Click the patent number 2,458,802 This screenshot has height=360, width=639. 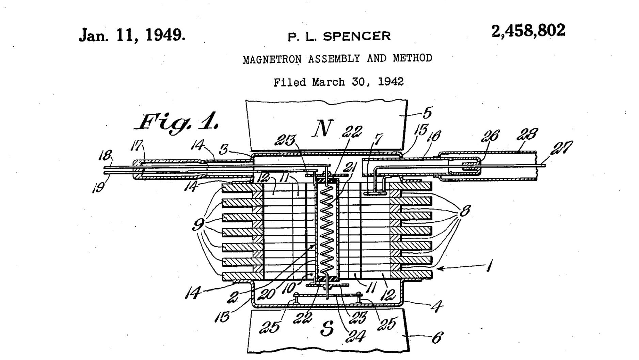coord(528,31)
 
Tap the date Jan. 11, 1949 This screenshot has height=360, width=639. coord(132,35)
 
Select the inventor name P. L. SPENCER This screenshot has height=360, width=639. coord(339,36)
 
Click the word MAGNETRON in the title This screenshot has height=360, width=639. coord(272,59)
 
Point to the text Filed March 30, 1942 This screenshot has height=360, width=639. coord(339,82)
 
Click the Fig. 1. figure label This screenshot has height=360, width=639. coord(177,122)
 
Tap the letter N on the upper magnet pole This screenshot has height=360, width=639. coord(322,128)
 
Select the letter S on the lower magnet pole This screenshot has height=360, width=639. coord(327,328)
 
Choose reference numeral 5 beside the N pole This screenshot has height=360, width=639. coord(427,112)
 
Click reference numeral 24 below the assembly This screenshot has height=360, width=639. coord(355,336)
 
